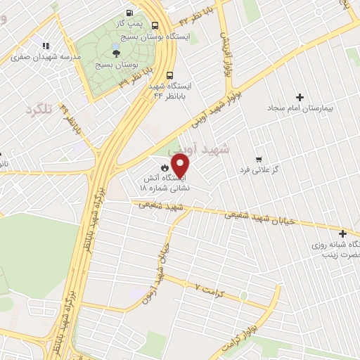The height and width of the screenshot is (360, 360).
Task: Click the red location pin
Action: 181,165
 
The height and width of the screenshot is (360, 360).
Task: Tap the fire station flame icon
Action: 164,168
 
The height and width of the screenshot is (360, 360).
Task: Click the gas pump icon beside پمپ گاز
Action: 129,13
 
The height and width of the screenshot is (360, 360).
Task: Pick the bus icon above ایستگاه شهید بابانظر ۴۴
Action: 169,75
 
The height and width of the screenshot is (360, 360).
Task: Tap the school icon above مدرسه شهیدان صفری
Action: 46,46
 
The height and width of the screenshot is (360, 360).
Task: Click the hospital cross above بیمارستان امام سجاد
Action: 300,97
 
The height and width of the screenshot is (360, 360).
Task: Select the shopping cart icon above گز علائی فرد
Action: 259,159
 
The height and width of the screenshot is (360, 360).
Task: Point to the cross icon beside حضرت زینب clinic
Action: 342,233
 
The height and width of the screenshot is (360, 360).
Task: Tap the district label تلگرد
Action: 39,110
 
